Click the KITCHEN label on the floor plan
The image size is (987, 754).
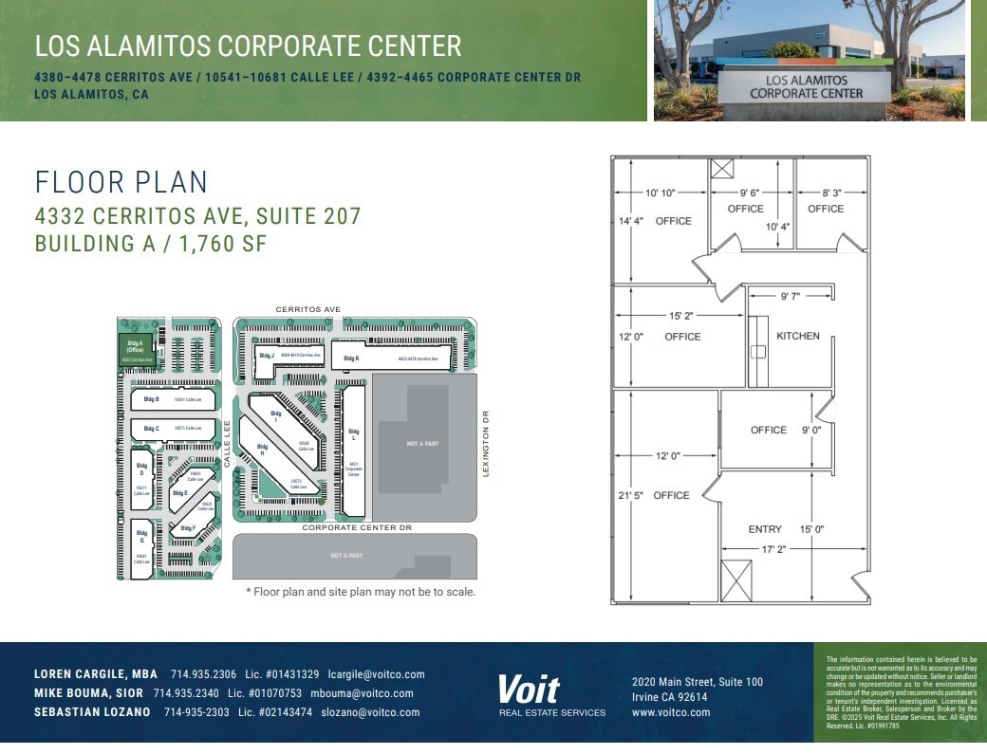click(797, 336)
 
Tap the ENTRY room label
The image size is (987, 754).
click(765, 529)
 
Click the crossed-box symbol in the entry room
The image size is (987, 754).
click(736, 580)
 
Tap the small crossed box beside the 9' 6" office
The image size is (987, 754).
click(722, 170)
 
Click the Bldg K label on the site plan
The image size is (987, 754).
click(351, 359)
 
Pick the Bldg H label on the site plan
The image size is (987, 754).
click(262, 450)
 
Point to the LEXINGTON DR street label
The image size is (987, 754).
click(485, 444)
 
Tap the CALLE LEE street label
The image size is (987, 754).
click(228, 444)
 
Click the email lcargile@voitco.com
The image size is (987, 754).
click(377, 674)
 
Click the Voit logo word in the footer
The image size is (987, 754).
click(529, 690)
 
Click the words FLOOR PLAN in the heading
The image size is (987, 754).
click(121, 182)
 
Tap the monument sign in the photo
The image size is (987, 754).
click(806, 87)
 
